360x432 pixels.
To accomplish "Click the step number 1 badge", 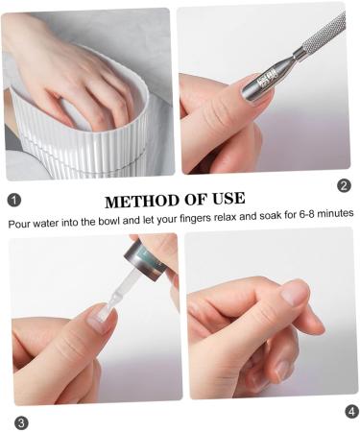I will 13,199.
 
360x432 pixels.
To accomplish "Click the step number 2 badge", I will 344,185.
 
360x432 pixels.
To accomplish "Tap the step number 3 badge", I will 21,422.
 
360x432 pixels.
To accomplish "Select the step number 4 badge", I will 351,411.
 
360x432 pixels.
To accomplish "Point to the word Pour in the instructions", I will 21,222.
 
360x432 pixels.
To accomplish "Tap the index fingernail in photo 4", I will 294,292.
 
